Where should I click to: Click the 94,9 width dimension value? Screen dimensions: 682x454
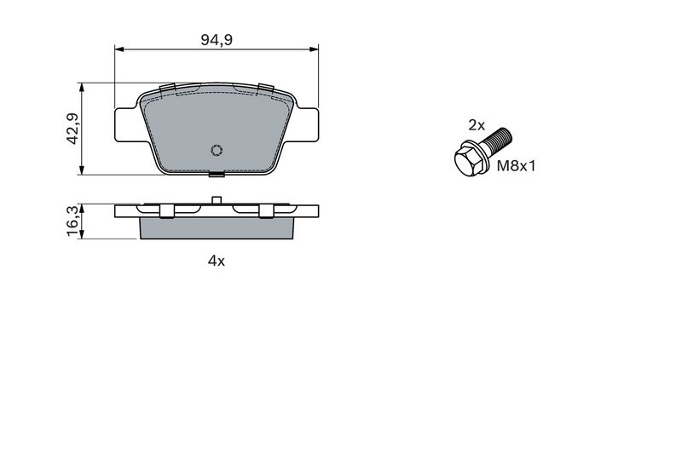(217, 40)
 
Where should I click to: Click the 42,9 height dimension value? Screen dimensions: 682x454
(72, 129)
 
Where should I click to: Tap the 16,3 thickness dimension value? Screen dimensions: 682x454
(72, 221)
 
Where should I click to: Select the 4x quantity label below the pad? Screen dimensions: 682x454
(217, 261)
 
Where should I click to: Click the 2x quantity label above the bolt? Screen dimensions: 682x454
(477, 125)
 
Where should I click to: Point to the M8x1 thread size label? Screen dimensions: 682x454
(517, 165)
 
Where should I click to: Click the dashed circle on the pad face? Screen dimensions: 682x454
(217, 150)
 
